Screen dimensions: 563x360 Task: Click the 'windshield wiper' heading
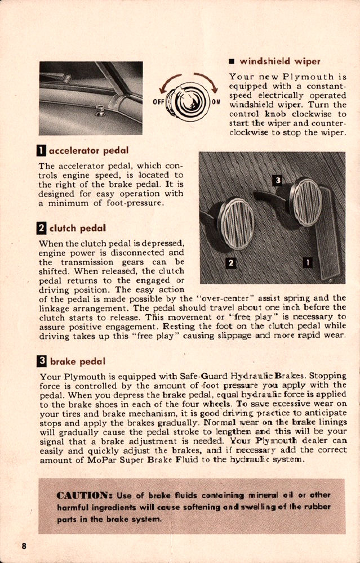pyautogui.click(x=280, y=61)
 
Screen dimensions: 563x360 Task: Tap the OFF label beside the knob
pyautogui.click(x=158, y=102)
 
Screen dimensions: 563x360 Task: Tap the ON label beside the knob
pyautogui.click(x=216, y=102)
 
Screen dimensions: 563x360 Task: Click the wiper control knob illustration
pyautogui.click(x=188, y=101)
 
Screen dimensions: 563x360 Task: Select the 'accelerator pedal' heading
pyautogui.click(x=88, y=150)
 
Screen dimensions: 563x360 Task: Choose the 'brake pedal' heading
pyautogui.click(x=77, y=361)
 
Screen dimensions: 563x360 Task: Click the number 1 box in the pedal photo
pyautogui.click(x=308, y=261)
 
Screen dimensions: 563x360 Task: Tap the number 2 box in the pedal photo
pyautogui.click(x=230, y=262)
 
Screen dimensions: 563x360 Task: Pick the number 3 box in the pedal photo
pyautogui.click(x=277, y=180)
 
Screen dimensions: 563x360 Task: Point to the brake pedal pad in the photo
pyautogui.click(x=305, y=201)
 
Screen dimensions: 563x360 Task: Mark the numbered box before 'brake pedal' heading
pyautogui.click(x=41, y=361)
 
